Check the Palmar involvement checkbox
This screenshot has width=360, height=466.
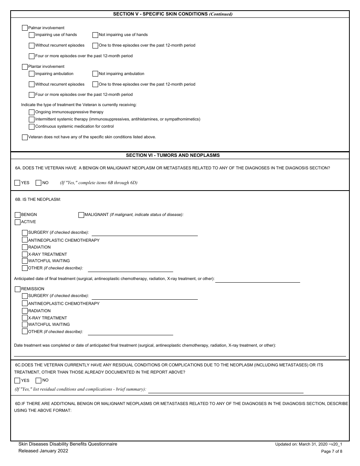click(x=25, y=28)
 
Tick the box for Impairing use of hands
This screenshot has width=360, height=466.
click(x=32, y=35)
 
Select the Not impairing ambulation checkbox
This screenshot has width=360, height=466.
click(x=95, y=74)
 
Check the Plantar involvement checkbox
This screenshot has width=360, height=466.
click(x=25, y=67)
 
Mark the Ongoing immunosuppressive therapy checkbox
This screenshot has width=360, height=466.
click(x=32, y=112)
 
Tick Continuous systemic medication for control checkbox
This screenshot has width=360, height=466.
click(x=32, y=127)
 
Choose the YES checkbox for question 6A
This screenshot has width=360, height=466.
click(x=17, y=183)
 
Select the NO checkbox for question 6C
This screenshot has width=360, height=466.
click(x=38, y=380)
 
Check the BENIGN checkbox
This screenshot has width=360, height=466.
click(x=17, y=215)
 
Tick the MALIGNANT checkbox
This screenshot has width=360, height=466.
click(x=81, y=215)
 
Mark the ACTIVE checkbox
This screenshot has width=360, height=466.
click(x=17, y=222)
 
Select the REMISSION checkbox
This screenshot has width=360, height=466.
click(x=17, y=289)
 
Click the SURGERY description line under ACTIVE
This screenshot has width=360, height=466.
click(x=144, y=233)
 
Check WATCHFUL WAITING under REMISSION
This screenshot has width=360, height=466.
click(x=25, y=325)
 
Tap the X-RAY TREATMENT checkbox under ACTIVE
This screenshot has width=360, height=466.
click(x=25, y=255)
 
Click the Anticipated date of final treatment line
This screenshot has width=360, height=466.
click(x=257, y=280)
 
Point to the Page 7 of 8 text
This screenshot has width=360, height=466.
click(x=332, y=451)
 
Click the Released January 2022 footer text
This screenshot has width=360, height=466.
click(x=44, y=451)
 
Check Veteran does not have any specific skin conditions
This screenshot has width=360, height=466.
click(x=25, y=137)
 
